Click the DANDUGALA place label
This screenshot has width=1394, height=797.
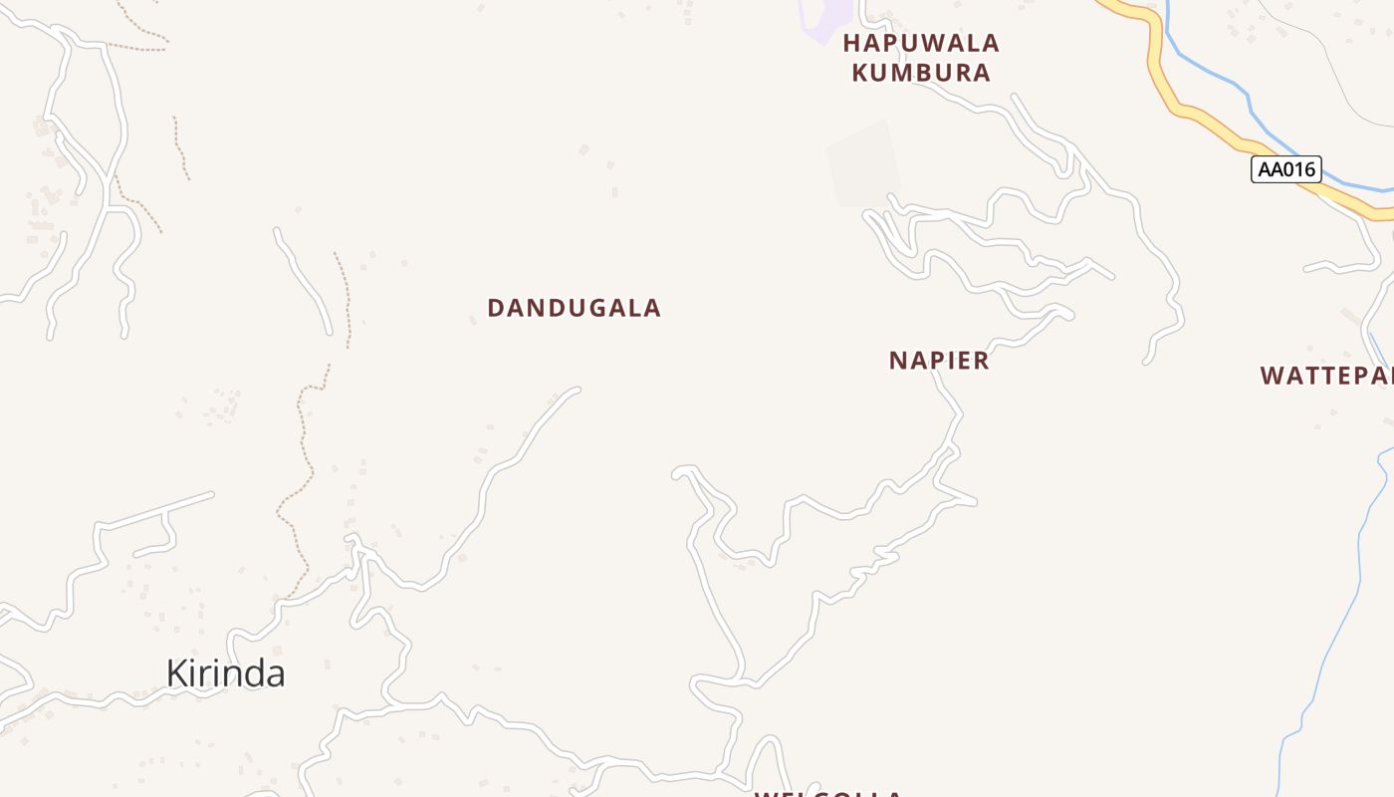pyautogui.click(x=574, y=308)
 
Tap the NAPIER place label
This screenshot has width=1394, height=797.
pyautogui.click(x=939, y=361)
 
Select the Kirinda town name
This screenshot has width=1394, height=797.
pyautogui.click(x=225, y=673)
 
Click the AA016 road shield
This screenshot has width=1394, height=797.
pyautogui.click(x=1285, y=169)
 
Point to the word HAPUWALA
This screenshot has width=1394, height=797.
pyautogui.click(x=921, y=43)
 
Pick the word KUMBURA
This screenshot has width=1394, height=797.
pyautogui.click(x=921, y=73)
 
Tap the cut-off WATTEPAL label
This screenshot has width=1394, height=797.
pyautogui.click(x=1327, y=376)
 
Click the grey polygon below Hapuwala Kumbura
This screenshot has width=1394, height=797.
pyautogui.click(x=863, y=164)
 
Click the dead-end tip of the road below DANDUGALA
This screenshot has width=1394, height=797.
pyautogui.click(x=577, y=390)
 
